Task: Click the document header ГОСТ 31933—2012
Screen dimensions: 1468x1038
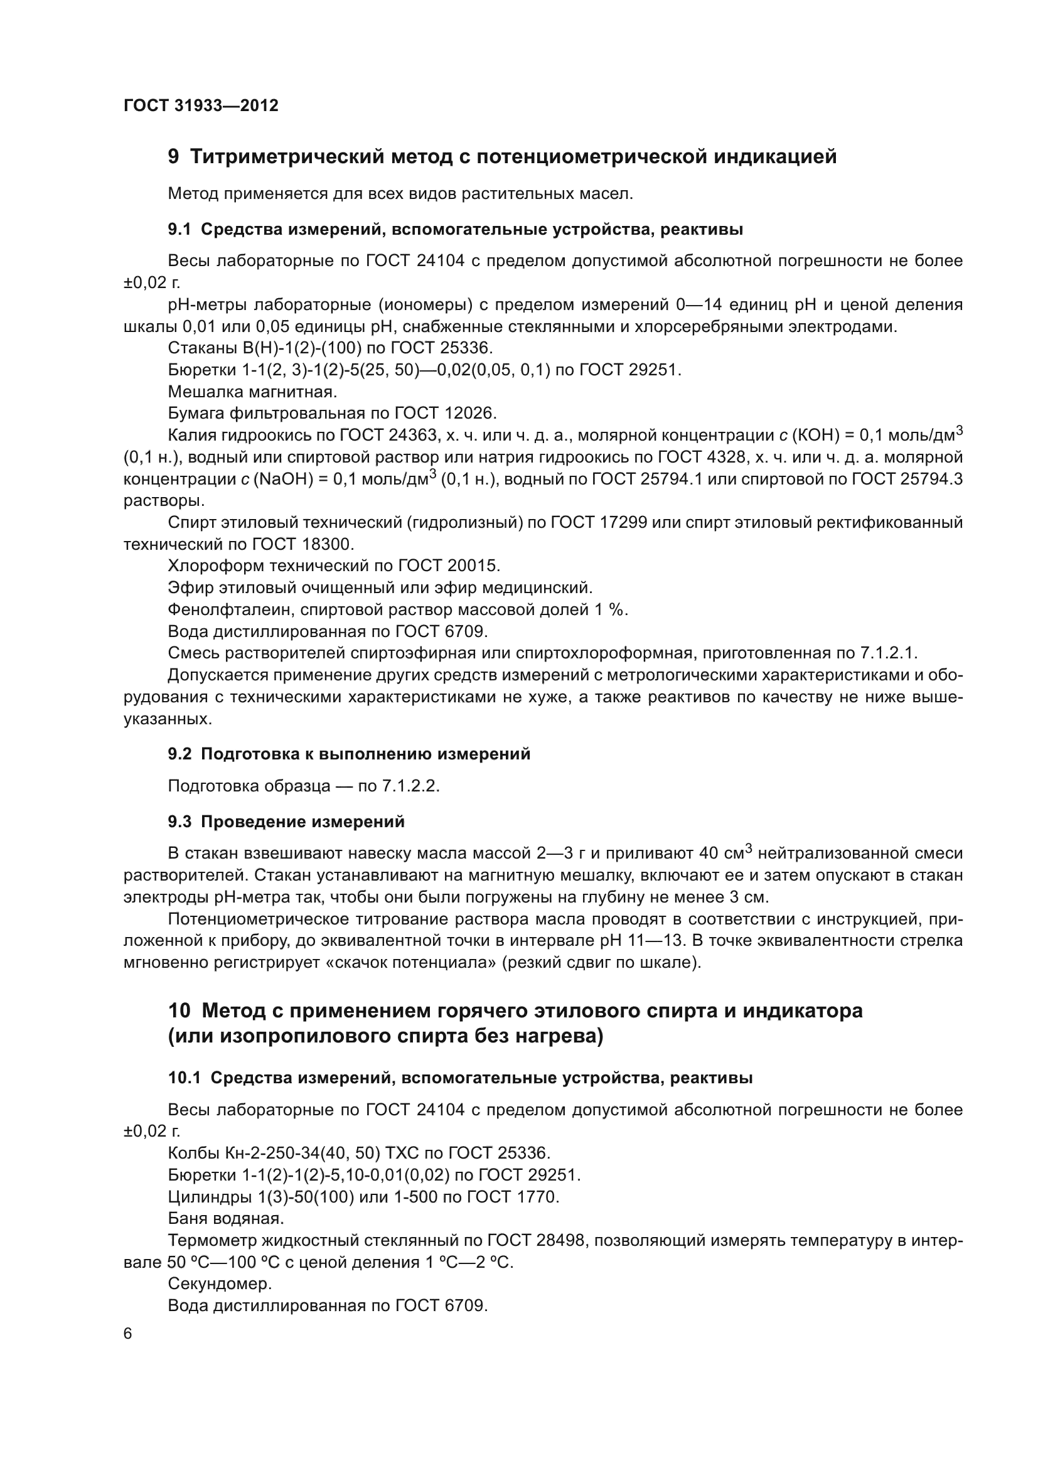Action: [x=201, y=105]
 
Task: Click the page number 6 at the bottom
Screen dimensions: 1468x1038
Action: [x=128, y=1334]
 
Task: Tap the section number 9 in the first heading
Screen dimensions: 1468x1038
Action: [x=173, y=157]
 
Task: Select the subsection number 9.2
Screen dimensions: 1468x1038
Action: [x=179, y=754]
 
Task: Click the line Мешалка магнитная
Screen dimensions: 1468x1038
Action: [x=252, y=391]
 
